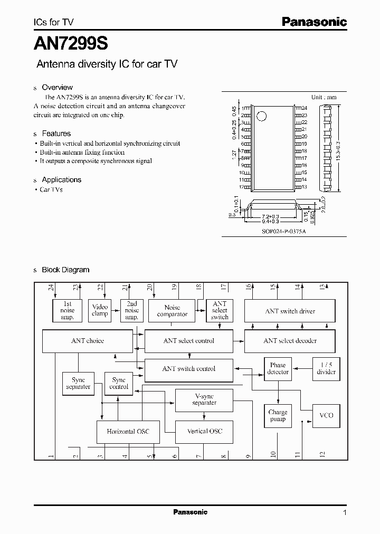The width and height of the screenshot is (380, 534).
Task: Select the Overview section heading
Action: coord(57,88)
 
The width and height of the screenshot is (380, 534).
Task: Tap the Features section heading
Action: coord(56,133)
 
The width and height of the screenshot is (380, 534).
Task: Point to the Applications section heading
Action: coord(61,180)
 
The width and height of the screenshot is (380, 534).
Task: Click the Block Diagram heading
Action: coord(65,270)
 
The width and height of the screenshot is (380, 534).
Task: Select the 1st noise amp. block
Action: coord(68,311)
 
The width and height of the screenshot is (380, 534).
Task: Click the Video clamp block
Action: coord(100,310)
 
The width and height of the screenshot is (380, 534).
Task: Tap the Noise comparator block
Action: coord(172,311)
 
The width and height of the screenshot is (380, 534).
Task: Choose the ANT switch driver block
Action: coord(290,311)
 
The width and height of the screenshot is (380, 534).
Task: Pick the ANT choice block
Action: coord(87,341)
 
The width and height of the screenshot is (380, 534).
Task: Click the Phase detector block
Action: coord(278,368)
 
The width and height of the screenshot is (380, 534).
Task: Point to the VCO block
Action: coord(326,415)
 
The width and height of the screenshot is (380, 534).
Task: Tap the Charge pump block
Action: coord(278,415)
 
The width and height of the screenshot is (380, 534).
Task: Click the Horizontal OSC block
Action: coord(128,432)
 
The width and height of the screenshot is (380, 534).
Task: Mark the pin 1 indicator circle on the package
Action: coord(260,115)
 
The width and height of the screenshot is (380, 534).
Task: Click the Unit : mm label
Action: coord(324,97)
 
